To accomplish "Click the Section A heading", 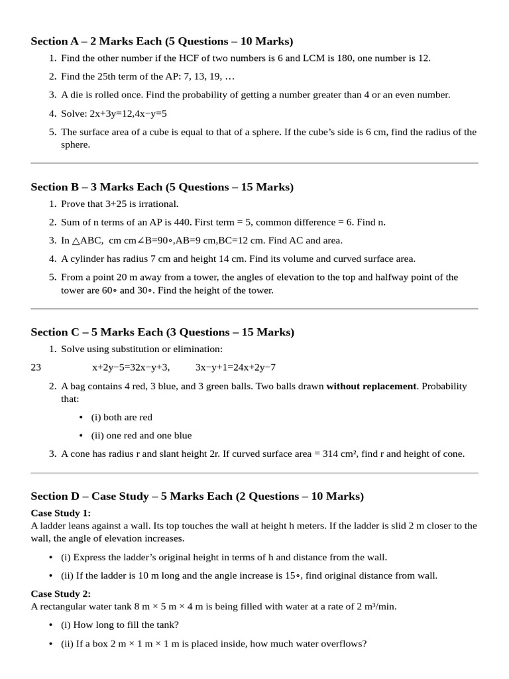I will pos(162,41).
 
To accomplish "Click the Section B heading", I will pos(162,187).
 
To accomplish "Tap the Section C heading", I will pos(162,332).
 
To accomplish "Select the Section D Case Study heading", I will pos(197,496).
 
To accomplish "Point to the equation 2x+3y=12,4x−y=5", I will pos(114,113).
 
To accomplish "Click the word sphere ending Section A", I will pos(76,145).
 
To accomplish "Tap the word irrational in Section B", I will pos(156,204).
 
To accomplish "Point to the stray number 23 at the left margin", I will pos(36,367).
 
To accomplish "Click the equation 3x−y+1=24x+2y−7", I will pos(235,367).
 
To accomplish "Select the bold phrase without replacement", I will pos(371,386).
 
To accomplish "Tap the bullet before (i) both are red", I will pos(81,418).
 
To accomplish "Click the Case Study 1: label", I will pos(61,513).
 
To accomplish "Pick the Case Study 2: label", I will pos(61,593).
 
